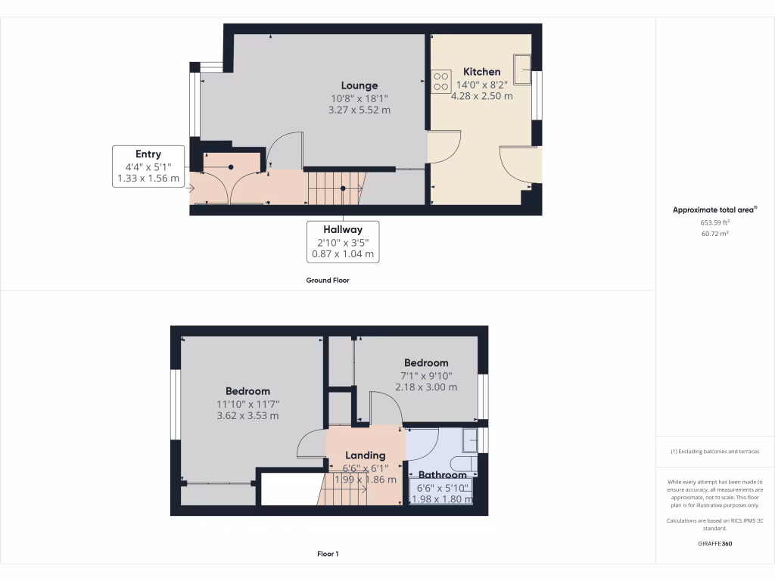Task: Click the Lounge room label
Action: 359,85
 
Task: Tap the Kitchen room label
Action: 482,72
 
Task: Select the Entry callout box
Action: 148,166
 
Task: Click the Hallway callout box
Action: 343,241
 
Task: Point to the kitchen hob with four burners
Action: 440,81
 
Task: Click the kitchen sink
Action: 521,69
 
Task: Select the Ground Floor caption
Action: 327,280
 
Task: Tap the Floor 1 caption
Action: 328,554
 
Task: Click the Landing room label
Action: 366,455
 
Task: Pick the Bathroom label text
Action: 443,475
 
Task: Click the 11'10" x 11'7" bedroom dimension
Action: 247,404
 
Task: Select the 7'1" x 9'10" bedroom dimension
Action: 426,375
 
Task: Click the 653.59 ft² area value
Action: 714,222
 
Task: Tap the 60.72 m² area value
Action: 714,234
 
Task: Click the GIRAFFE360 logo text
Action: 714,543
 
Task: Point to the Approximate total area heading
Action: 714,210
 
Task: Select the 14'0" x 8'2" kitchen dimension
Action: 482,85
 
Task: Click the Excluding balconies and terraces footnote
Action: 714,452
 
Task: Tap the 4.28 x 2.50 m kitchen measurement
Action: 482,96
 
